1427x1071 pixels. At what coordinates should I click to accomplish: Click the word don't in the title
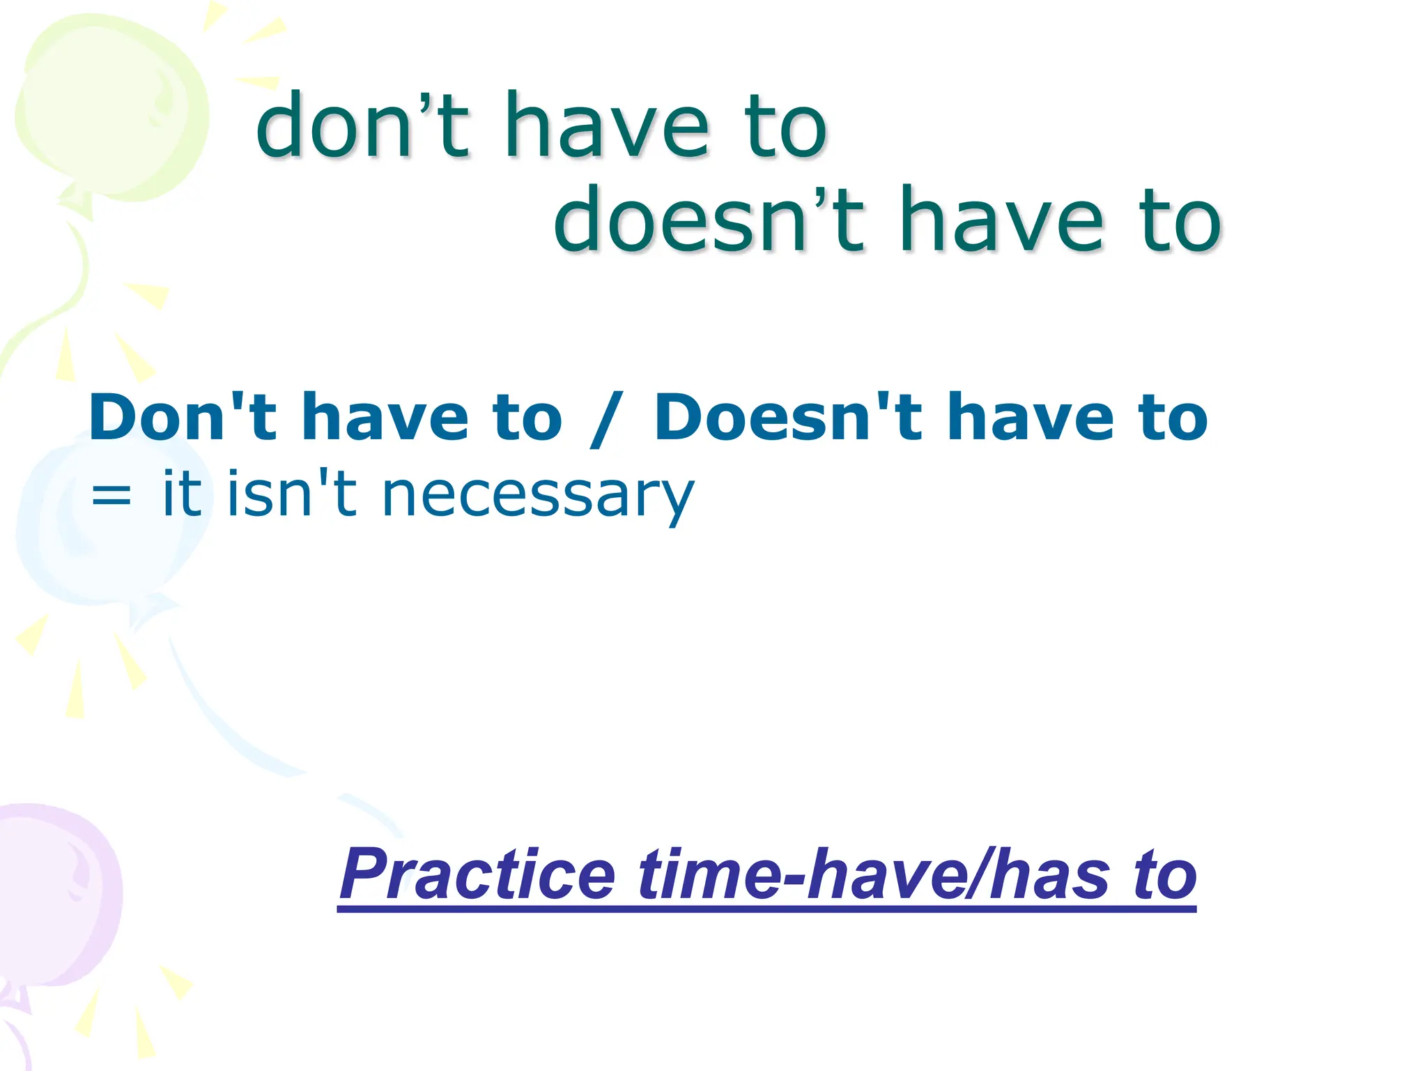[362, 127]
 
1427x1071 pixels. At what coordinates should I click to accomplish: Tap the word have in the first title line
[606, 127]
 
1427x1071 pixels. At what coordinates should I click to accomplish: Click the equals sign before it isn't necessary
[111, 496]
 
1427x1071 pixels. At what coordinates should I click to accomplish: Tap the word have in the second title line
[1001, 220]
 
